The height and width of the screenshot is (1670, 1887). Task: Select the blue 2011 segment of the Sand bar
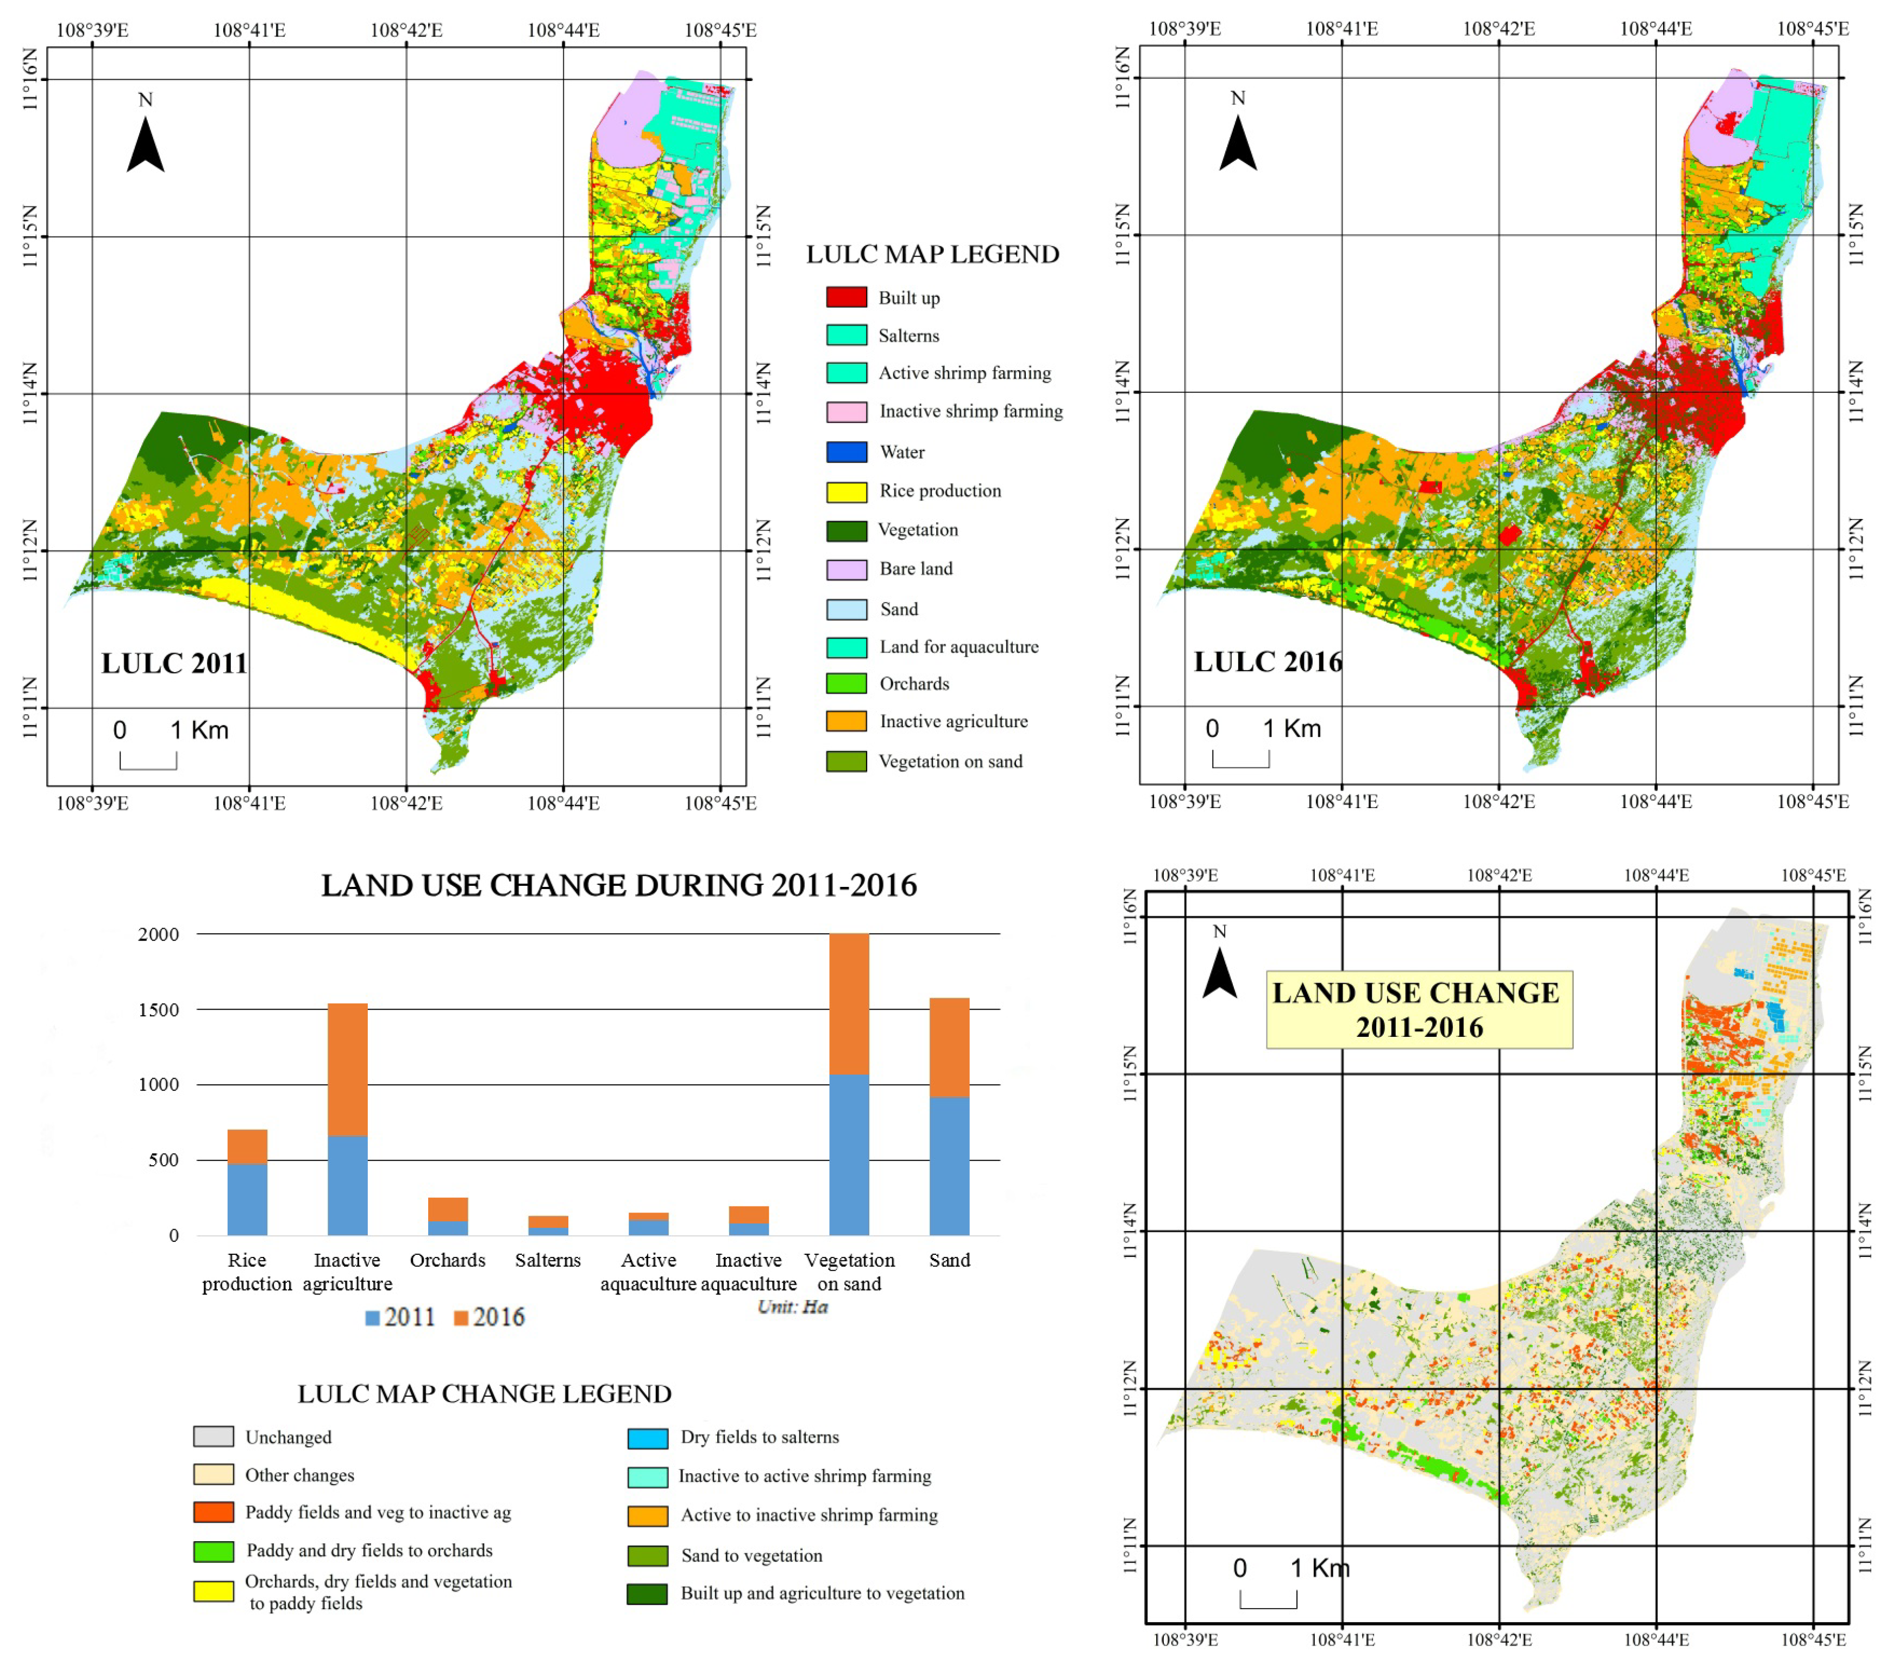[949, 1165]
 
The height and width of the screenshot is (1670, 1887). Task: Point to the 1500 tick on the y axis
[159, 1009]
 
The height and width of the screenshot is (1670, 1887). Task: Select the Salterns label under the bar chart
[548, 1260]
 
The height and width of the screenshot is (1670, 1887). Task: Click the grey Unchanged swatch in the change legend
[213, 1436]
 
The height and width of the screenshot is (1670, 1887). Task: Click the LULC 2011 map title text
[174, 663]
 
